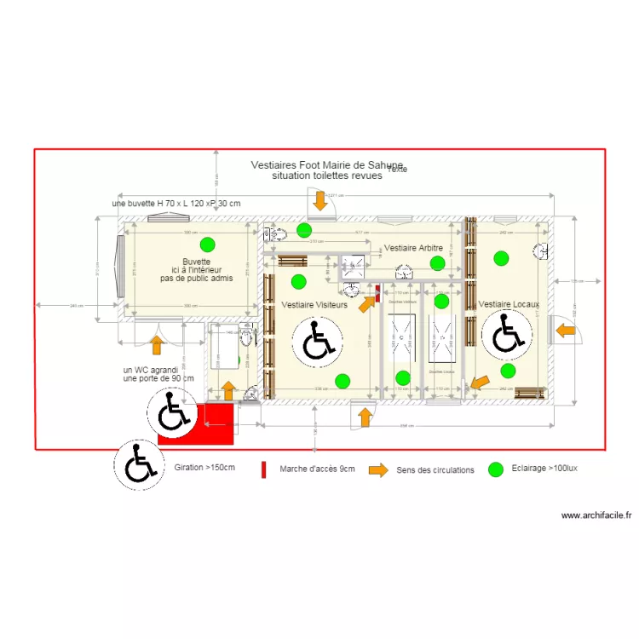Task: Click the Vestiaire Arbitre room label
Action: [413, 248]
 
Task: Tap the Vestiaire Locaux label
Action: [509, 304]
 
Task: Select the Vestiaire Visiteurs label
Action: [314, 304]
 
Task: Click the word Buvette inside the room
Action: [196, 262]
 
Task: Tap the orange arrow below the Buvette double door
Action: [156, 344]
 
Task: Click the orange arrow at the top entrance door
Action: [320, 201]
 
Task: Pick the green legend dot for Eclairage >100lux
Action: [495, 469]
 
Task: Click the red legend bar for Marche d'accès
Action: [263, 469]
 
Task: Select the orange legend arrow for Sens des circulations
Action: [377, 469]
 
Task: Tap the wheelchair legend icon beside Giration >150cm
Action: [138, 464]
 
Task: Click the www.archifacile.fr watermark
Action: [596, 515]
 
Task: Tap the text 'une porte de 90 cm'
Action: [158, 378]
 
